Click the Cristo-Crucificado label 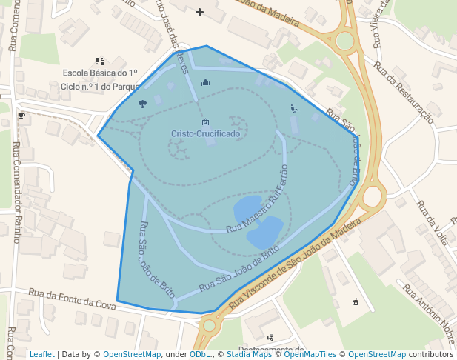205,134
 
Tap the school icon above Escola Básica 100,61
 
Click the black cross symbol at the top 199,12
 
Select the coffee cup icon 21,116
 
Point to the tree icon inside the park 142,104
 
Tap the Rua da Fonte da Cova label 73,299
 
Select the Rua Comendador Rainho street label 16,193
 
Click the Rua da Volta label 433,222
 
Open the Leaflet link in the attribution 42,354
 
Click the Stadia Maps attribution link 249,354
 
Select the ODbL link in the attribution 200,354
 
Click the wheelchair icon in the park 294,109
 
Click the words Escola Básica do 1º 100,73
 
